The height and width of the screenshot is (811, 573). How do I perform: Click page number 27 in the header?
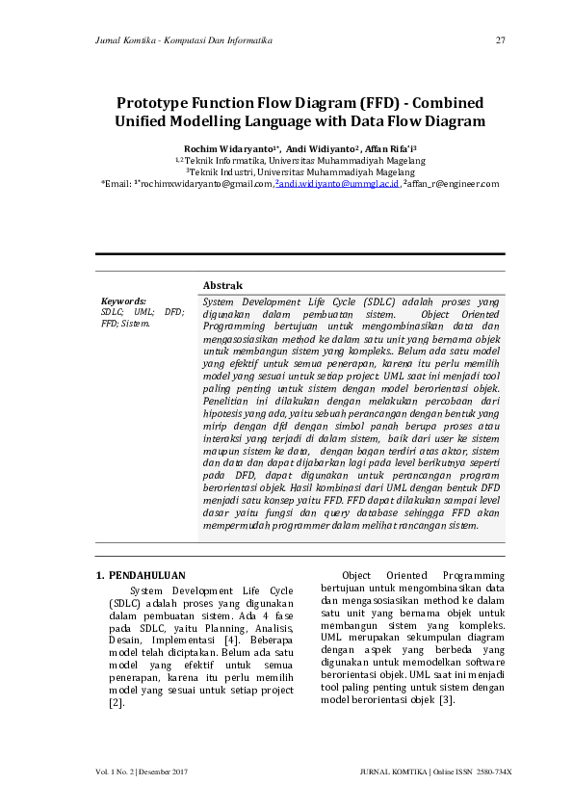(500, 40)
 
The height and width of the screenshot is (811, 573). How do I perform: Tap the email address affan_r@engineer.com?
(453, 183)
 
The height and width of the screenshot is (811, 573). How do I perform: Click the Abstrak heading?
(222, 285)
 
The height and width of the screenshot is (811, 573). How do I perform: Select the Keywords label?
(123, 301)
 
